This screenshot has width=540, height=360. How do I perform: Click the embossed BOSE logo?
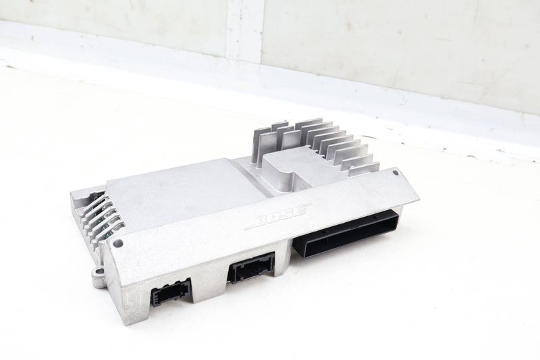[278, 217]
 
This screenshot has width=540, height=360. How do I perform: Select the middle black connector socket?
[251, 267]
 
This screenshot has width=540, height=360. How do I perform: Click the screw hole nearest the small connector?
[117, 243]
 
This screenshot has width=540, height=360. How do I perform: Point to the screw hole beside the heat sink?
[396, 172]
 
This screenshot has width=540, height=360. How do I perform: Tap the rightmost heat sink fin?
[364, 169]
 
